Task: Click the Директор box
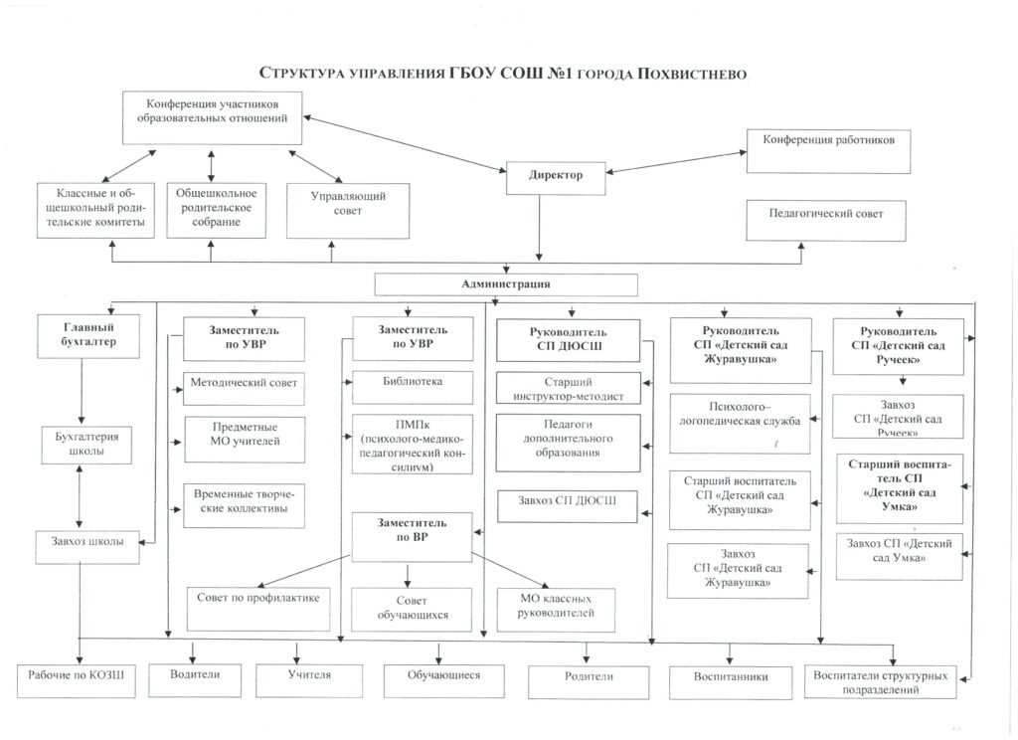tap(556, 178)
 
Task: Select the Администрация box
tap(506, 284)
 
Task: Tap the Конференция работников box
tap(828, 151)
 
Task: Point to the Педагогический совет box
tap(826, 221)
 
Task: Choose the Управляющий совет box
tap(348, 211)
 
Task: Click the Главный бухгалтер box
tap(88, 336)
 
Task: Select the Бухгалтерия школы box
tap(86, 445)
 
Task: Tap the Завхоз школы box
tap(87, 546)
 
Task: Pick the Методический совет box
tap(244, 389)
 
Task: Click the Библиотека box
tap(413, 387)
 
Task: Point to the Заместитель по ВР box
tap(412, 537)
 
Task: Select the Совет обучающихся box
tap(412, 610)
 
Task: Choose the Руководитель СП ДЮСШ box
tap(568, 340)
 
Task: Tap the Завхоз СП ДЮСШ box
tap(568, 506)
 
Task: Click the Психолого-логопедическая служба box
tap(740, 423)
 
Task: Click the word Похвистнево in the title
tap(692, 74)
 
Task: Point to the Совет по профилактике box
tap(258, 609)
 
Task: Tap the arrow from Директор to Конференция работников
tap(676, 162)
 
